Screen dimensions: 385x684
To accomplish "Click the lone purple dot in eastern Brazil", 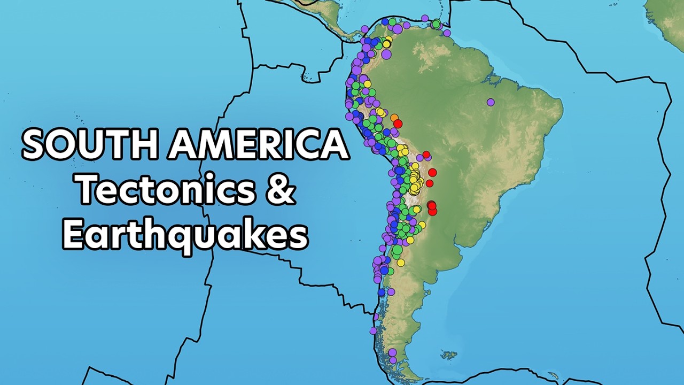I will [x=491, y=102].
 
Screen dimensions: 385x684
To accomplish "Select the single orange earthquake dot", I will [x=394, y=118].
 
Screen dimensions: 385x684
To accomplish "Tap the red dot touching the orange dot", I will [x=398, y=124].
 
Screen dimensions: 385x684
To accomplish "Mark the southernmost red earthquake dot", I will [x=432, y=212].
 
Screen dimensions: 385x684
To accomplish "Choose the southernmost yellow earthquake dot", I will [x=400, y=263].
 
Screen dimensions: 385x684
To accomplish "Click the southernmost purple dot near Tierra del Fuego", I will [x=393, y=360].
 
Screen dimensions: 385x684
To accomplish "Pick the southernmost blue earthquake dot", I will [x=381, y=292].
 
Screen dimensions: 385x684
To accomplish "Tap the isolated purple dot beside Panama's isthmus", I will [x=364, y=29].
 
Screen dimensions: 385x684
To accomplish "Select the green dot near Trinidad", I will [x=437, y=24].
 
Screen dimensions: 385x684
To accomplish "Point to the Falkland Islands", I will [x=449, y=355].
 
